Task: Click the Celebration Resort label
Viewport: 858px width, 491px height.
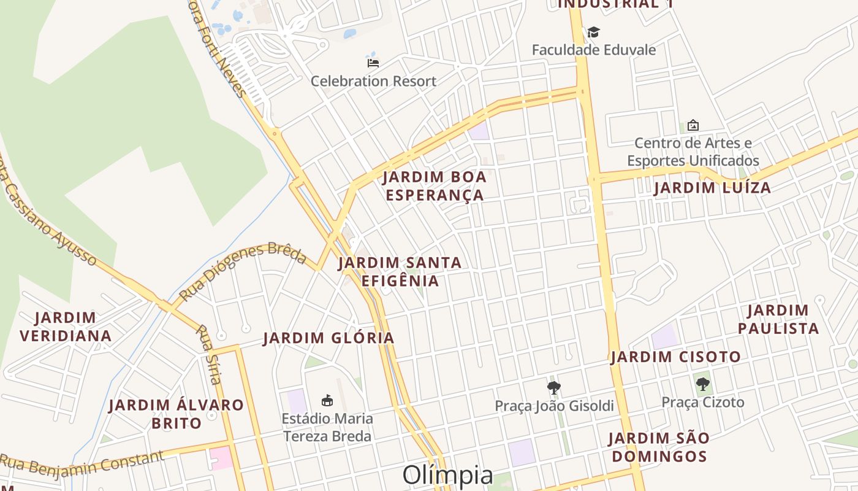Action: point(373,81)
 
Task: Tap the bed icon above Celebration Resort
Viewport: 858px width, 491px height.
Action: point(373,62)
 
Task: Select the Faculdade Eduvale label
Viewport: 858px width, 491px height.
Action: point(593,50)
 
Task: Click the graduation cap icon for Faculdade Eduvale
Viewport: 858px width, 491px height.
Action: point(593,32)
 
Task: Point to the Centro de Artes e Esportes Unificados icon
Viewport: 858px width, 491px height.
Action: point(693,125)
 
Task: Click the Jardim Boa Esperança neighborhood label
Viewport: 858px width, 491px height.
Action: point(435,186)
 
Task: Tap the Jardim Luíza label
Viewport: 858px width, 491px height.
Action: point(712,188)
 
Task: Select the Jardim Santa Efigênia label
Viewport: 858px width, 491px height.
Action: point(400,271)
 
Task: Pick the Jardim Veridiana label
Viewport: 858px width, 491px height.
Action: point(66,327)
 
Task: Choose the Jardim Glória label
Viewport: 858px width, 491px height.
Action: point(328,338)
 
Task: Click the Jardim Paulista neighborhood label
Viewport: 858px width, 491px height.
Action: point(778,319)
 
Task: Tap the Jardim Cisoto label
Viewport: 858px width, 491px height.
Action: point(675,357)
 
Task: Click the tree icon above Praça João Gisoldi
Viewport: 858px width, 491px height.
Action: point(554,388)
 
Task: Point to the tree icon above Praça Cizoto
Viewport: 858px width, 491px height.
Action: point(703,385)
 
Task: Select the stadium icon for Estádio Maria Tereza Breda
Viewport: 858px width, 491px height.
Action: point(327,401)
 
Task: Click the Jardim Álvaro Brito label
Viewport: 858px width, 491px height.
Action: point(176,414)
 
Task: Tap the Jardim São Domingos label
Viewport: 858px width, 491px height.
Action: point(659,447)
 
